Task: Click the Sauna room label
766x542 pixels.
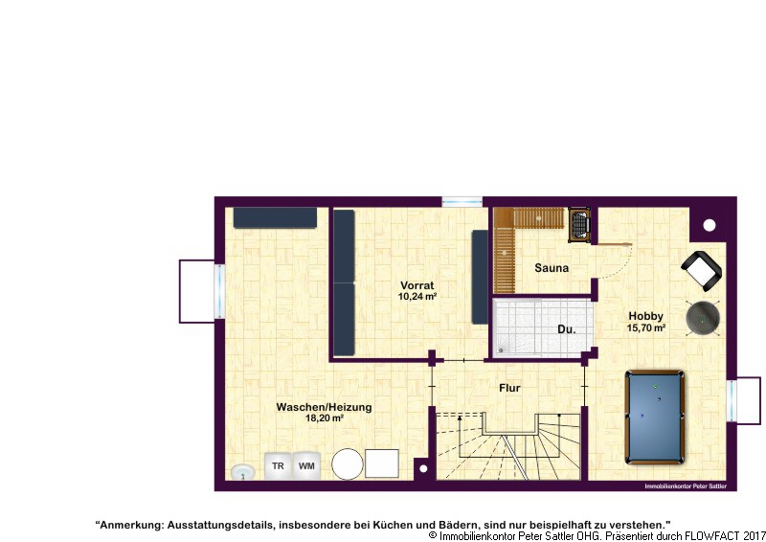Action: click(552, 268)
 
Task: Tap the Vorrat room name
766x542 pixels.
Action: click(417, 285)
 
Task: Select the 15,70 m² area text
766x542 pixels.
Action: click(645, 327)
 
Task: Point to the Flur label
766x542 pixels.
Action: click(509, 388)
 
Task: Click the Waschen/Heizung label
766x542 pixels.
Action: click(324, 407)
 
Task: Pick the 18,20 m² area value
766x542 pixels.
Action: click(324, 418)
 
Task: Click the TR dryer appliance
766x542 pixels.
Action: click(278, 465)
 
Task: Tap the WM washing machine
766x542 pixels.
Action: click(306, 465)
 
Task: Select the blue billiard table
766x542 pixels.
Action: click(655, 418)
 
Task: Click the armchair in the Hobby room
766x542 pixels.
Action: click(702, 271)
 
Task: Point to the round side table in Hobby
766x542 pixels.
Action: click(703, 319)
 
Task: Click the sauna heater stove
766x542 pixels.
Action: click(579, 225)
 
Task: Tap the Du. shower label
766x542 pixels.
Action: click(567, 329)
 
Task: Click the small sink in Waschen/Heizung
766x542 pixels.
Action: click(243, 472)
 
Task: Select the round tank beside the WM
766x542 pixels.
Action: click(348, 463)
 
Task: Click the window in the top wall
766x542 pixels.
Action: click(462, 201)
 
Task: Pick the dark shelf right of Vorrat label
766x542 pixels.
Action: click(480, 277)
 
